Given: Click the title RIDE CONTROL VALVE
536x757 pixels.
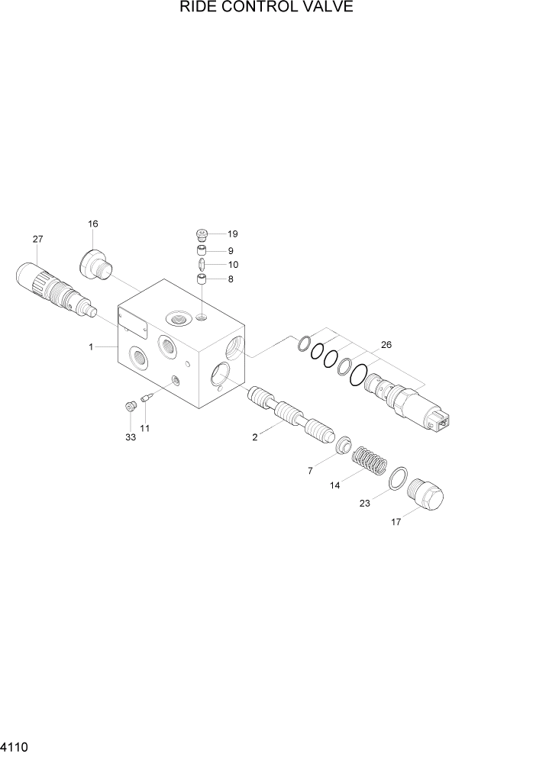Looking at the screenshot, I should tap(266, 8).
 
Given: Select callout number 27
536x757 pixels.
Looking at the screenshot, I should tap(37, 240).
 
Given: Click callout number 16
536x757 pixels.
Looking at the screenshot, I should tap(92, 224).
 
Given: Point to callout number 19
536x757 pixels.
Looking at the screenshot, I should tap(233, 234).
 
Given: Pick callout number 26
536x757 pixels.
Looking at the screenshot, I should tap(386, 345).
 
